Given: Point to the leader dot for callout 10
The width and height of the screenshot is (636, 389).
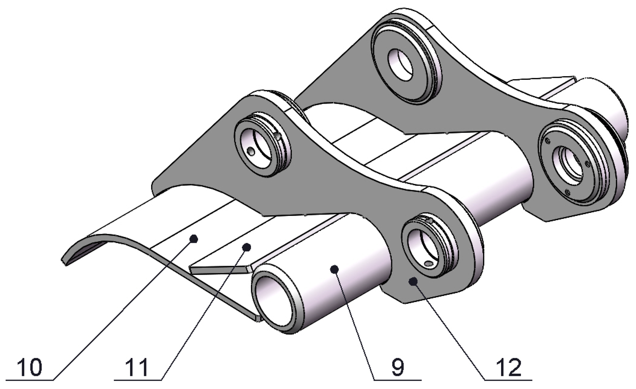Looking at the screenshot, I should coord(194,239).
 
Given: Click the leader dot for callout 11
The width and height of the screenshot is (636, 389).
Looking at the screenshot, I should coord(247,247).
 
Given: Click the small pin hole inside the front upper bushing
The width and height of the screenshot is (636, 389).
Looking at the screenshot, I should coord(250,151).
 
